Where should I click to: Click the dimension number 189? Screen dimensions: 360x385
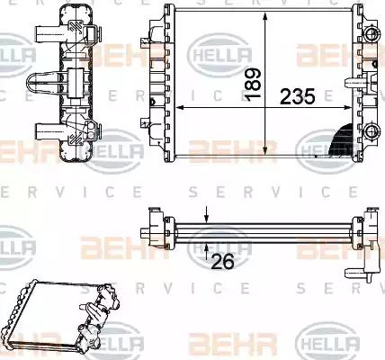pyautogui.click(x=254, y=83)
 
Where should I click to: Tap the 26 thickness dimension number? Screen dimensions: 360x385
pyautogui.click(x=219, y=262)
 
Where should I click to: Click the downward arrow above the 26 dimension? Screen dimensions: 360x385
pyautogui.click(x=207, y=213)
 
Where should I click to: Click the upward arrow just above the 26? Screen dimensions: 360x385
pyautogui.click(x=207, y=243)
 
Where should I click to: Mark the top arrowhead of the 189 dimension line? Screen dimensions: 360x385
pyautogui.click(x=265, y=18)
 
